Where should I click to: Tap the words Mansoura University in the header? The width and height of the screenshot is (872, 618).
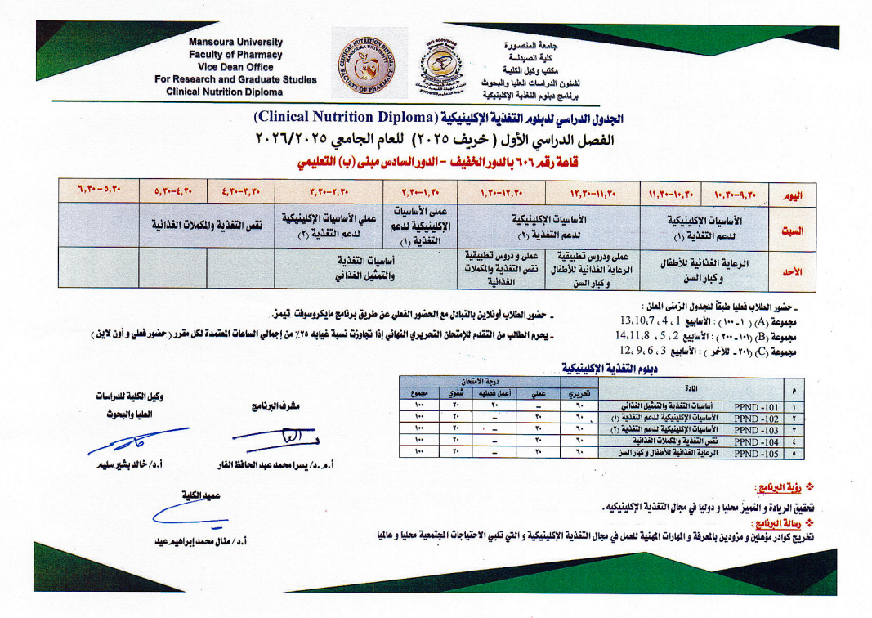235,42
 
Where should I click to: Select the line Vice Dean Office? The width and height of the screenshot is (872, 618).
235,67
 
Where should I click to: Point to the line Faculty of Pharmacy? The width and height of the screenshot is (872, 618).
235,54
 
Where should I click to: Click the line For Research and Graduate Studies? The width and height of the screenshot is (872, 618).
235,79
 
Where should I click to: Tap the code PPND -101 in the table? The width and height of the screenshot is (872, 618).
758,405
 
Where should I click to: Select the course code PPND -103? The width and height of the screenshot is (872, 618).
758,428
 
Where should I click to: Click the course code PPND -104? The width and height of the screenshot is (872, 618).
758,440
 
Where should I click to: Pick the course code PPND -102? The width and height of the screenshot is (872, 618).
758,417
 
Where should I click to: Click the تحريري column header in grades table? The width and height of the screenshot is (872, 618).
579,393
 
